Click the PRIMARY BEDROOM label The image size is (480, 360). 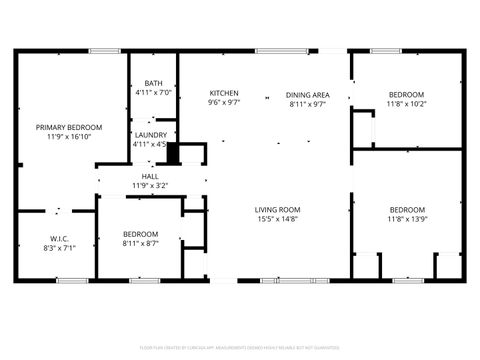pyautogui.click(x=69, y=127)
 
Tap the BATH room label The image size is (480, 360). pyautogui.click(x=153, y=83)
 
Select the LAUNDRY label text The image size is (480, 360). pyautogui.click(x=150, y=135)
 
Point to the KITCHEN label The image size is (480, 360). pyautogui.click(x=223, y=93)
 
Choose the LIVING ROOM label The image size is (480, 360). pyautogui.click(x=278, y=209)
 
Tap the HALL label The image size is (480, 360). pyautogui.click(x=149, y=176)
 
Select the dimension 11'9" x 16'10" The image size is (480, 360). pyautogui.click(x=69, y=137)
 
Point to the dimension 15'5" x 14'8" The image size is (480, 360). pyautogui.click(x=278, y=219)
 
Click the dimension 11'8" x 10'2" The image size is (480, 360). pyautogui.click(x=406, y=103)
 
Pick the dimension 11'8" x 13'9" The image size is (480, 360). pyautogui.click(x=407, y=219)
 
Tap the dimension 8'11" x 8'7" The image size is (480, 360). pyautogui.click(x=141, y=243)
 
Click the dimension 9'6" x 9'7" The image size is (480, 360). pyautogui.click(x=223, y=103)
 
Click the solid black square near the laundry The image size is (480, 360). pyautogui.click(x=172, y=153)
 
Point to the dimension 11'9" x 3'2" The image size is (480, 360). pyautogui.click(x=149, y=185)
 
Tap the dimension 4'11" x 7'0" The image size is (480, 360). pyautogui.click(x=153, y=93)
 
